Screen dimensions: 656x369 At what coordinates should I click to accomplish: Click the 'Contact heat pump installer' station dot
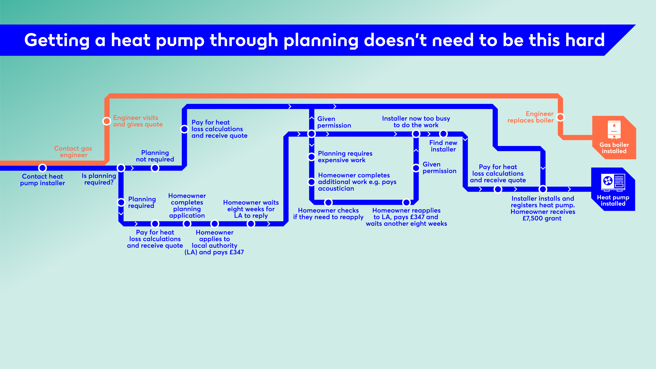43,168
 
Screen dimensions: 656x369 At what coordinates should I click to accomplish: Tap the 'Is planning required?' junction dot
121,168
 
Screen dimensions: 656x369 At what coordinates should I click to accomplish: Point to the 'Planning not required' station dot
155,168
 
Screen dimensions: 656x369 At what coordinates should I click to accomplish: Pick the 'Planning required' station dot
121,202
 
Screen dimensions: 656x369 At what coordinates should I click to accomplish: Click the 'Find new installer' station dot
443,134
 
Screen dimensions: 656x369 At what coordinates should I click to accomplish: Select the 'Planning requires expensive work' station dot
312,157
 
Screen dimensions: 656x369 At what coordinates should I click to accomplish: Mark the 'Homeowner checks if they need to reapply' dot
328,202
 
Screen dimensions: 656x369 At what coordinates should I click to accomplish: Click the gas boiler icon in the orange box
614,129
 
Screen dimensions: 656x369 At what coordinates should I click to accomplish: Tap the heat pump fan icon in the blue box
608,181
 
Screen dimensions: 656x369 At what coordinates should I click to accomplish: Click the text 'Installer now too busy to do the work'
416,122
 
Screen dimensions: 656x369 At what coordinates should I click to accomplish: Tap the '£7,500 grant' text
542,218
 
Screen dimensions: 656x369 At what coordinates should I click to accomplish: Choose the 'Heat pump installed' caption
613,200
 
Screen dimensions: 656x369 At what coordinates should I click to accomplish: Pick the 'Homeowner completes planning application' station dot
187,224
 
